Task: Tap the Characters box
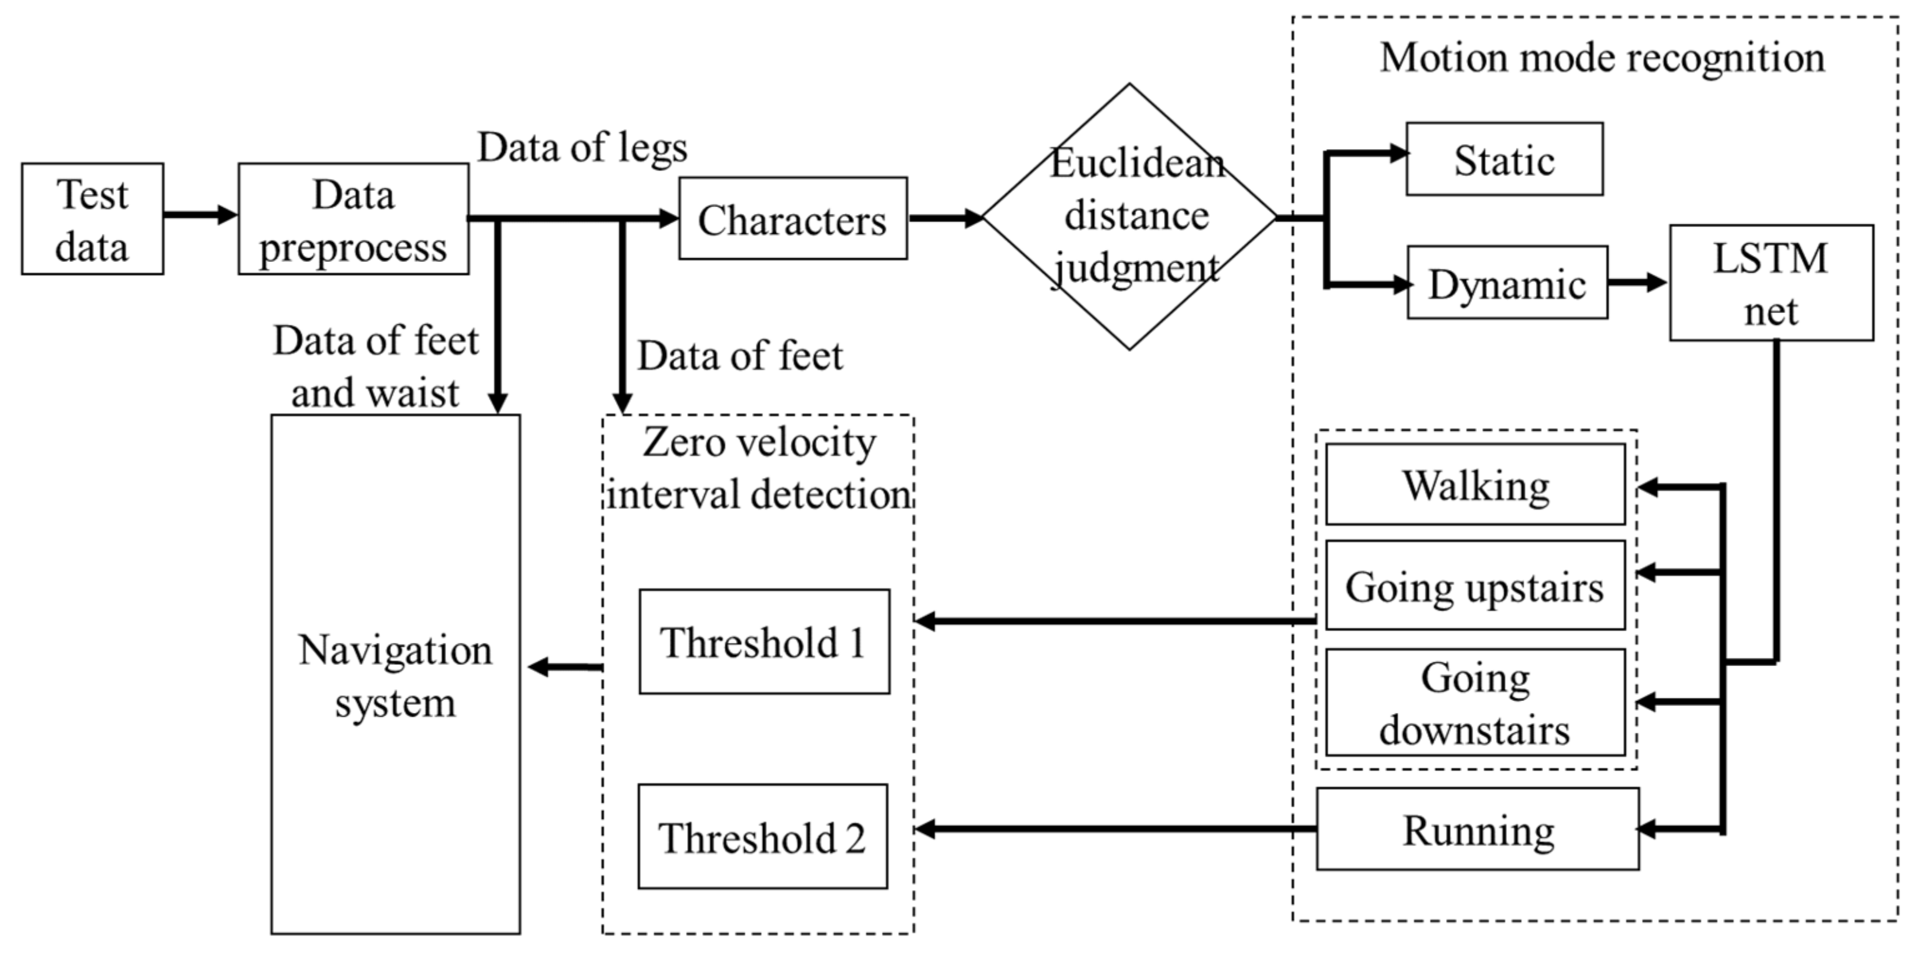pyautogui.click(x=793, y=218)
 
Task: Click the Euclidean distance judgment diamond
pyautogui.click(x=1129, y=216)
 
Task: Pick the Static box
pyautogui.click(x=1504, y=160)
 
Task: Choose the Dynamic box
pyautogui.click(x=1507, y=283)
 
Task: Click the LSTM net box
pyautogui.click(x=1770, y=283)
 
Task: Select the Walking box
pyautogui.click(x=1475, y=485)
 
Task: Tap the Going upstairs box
pyautogui.click(x=1475, y=586)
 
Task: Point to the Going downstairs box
pyautogui.click(x=1475, y=702)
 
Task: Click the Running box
pyautogui.click(x=1477, y=830)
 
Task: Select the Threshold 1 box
pyautogui.click(x=764, y=642)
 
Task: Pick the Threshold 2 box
pyautogui.click(x=763, y=836)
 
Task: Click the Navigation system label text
pyautogui.click(x=396, y=675)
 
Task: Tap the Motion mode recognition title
pyautogui.click(x=1602, y=57)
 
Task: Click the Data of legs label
pyautogui.click(x=582, y=147)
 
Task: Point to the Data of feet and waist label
pyautogui.click(x=375, y=366)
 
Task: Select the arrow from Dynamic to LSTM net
pyautogui.click(x=1637, y=283)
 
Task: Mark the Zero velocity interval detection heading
pyautogui.click(x=759, y=468)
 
